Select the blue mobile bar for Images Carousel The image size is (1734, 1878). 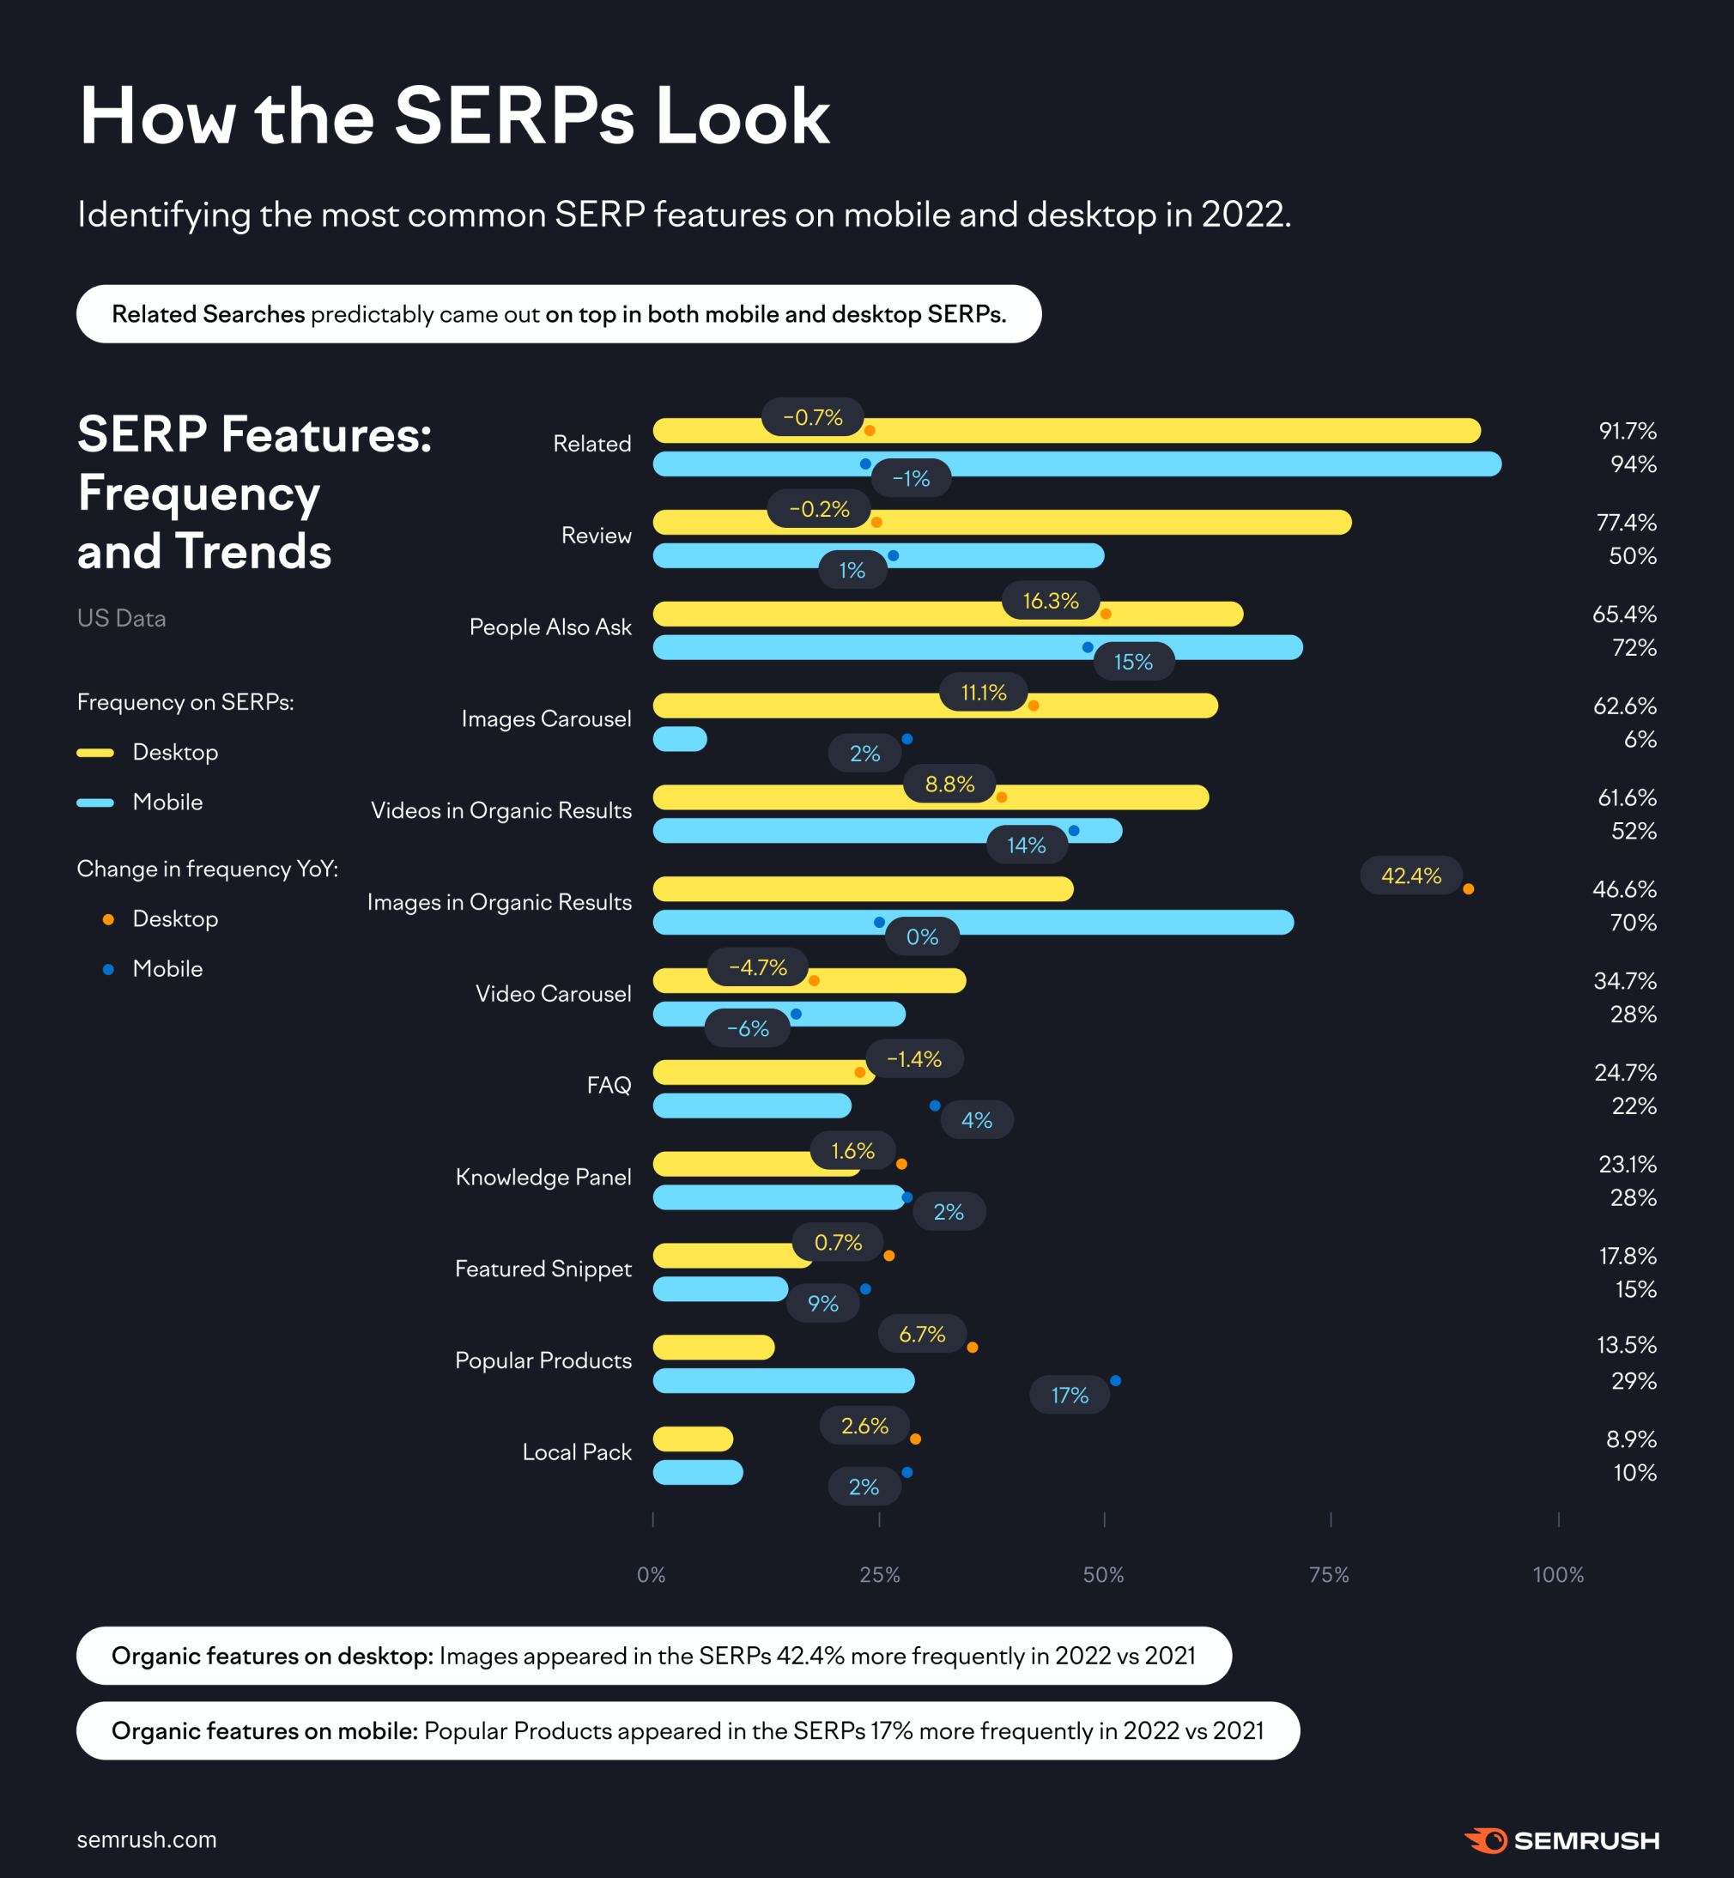point(679,739)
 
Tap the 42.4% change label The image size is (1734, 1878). point(1410,875)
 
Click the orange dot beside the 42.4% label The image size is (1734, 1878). point(1469,889)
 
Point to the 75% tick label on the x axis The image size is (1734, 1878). point(1329,1575)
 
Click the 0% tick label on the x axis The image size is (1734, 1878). point(652,1575)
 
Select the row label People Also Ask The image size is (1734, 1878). point(550,627)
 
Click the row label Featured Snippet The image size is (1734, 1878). point(543,1269)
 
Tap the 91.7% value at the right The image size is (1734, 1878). point(1627,431)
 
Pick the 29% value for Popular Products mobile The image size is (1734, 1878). point(1634,1381)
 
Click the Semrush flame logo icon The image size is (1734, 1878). point(1486,1840)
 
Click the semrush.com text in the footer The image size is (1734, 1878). point(147,1839)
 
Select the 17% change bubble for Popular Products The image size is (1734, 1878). point(1069,1395)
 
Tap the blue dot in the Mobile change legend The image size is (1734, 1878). point(109,969)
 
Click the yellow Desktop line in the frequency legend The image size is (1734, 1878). point(94,753)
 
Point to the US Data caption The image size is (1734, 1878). point(121,618)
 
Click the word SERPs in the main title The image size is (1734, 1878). point(514,117)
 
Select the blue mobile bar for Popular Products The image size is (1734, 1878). point(784,1381)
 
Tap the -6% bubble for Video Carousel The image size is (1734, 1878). point(747,1028)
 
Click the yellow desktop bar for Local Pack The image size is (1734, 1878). point(693,1439)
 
